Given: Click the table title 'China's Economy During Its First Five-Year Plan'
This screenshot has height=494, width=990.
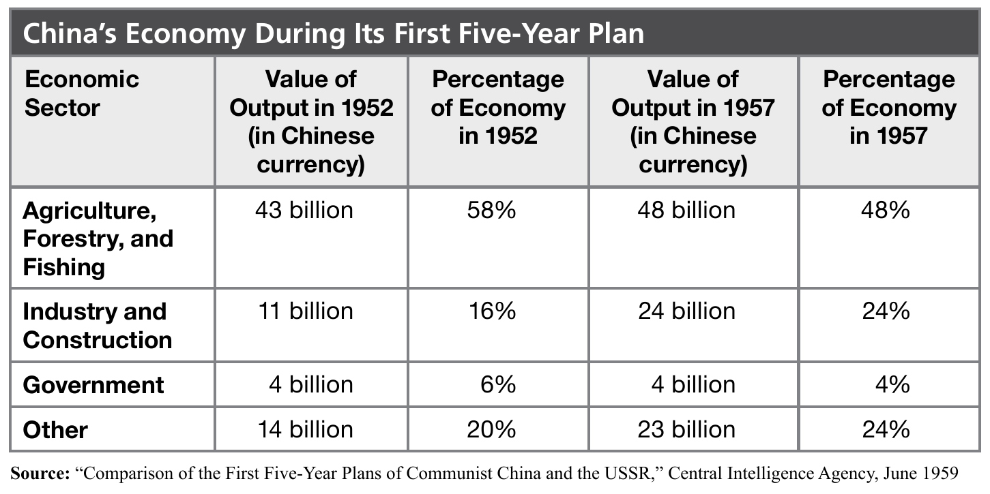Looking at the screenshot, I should (x=334, y=33).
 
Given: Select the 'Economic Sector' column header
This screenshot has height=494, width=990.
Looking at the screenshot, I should (x=82, y=93).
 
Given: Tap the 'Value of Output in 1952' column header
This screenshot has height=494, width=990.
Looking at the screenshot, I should (x=311, y=121).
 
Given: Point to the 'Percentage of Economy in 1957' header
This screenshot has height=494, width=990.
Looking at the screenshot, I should (x=888, y=108).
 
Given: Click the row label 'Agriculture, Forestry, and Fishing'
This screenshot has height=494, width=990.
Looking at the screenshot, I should (x=98, y=238).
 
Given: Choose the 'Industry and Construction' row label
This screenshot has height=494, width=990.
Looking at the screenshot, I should (x=98, y=326).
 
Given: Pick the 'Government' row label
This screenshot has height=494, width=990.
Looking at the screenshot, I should (x=93, y=385).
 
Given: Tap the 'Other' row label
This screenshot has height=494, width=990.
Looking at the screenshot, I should (x=55, y=430).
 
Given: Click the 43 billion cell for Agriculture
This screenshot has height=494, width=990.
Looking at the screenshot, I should (x=304, y=210).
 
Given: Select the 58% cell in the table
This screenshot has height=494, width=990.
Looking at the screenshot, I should (x=491, y=210).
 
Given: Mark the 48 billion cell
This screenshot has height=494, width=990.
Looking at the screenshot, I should (x=686, y=210).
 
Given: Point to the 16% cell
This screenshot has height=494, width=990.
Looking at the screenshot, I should (x=491, y=311).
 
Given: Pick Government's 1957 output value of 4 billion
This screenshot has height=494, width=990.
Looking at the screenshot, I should (x=693, y=384).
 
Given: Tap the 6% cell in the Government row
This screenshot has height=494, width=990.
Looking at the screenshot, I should (x=497, y=384).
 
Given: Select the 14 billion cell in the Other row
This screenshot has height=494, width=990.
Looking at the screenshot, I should (x=305, y=429).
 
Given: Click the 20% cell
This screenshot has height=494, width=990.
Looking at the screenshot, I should (x=491, y=429).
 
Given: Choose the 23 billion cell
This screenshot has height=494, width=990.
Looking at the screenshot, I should (x=686, y=429).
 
